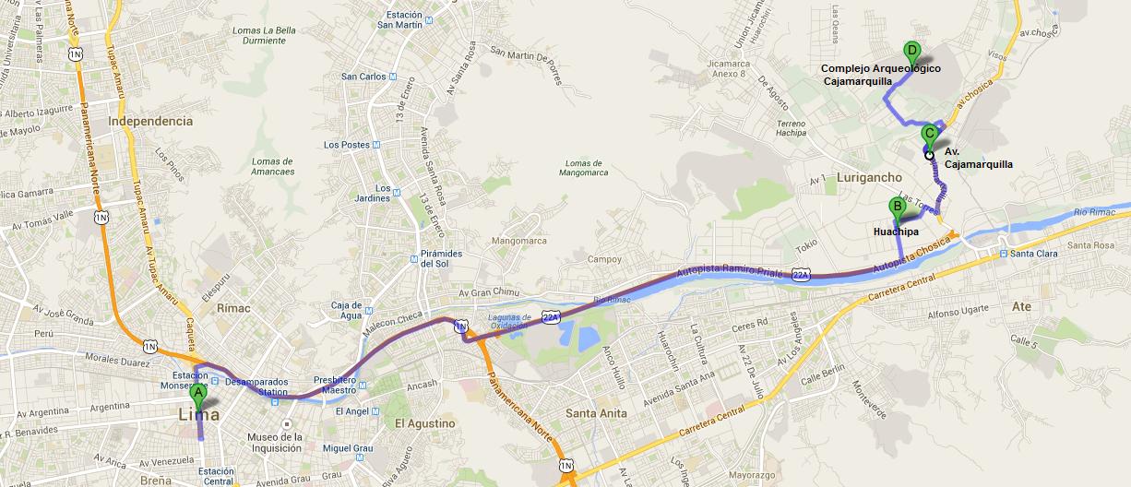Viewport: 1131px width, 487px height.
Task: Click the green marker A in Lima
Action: [x=197, y=391]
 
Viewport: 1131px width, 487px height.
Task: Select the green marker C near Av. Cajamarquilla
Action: [x=929, y=134]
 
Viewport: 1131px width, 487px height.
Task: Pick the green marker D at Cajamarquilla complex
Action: [x=911, y=51]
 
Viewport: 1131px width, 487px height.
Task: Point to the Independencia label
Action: [x=150, y=121]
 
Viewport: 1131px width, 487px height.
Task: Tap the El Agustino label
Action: [x=424, y=423]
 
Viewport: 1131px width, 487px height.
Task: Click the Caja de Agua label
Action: [x=347, y=310]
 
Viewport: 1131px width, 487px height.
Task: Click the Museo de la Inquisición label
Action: [x=274, y=442]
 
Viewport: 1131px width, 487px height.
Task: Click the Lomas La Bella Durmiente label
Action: [x=266, y=36]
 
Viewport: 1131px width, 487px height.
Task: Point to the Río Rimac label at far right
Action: [x=1101, y=214]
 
